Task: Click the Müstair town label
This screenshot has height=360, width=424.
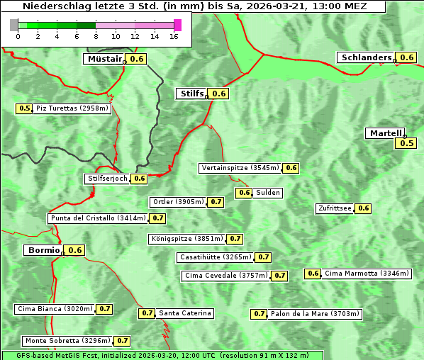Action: click(x=104, y=59)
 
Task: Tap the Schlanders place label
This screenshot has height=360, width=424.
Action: click(x=366, y=57)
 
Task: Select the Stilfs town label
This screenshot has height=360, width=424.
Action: click(x=191, y=94)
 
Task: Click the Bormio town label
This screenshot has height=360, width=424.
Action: click(x=43, y=250)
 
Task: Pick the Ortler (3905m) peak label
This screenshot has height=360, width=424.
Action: click(x=179, y=202)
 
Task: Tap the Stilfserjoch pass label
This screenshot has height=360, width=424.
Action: click(x=107, y=179)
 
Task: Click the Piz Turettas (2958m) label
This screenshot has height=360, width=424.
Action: click(x=72, y=108)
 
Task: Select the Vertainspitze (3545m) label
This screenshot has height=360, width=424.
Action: click(x=240, y=168)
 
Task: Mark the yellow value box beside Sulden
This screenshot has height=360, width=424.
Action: click(x=245, y=193)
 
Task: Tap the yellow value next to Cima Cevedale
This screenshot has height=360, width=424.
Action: click(x=280, y=276)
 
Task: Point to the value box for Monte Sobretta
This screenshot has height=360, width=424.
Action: click(x=123, y=341)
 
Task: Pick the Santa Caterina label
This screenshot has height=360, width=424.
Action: click(x=185, y=313)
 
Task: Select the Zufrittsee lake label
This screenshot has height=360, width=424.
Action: click(x=335, y=208)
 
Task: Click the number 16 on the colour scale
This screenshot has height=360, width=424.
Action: click(x=174, y=37)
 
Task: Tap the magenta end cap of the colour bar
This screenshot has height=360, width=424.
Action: click(x=177, y=26)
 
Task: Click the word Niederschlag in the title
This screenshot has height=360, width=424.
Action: click(x=53, y=6)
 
